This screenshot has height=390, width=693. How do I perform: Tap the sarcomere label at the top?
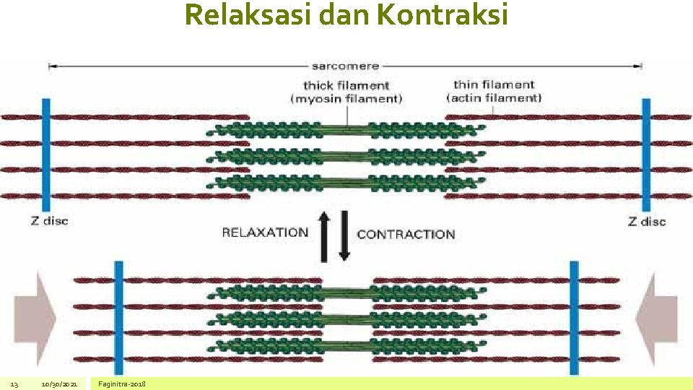(x=345, y=66)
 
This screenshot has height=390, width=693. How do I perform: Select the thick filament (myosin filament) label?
(x=346, y=92)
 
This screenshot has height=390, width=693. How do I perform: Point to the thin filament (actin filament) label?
(x=494, y=91)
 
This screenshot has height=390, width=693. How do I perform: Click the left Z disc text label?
(x=49, y=220)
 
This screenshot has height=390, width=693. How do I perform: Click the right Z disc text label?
(x=647, y=222)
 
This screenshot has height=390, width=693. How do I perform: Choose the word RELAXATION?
(x=265, y=233)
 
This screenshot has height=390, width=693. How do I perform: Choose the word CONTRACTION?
(x=406, y=234)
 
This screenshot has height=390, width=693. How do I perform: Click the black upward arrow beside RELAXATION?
(x=324, y=235)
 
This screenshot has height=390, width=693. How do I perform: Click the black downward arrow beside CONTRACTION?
(x=344, y=235)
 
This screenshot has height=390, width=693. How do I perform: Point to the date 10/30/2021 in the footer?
(x=59, y=383)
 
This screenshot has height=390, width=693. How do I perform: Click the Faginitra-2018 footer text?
(x=122, y=383)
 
